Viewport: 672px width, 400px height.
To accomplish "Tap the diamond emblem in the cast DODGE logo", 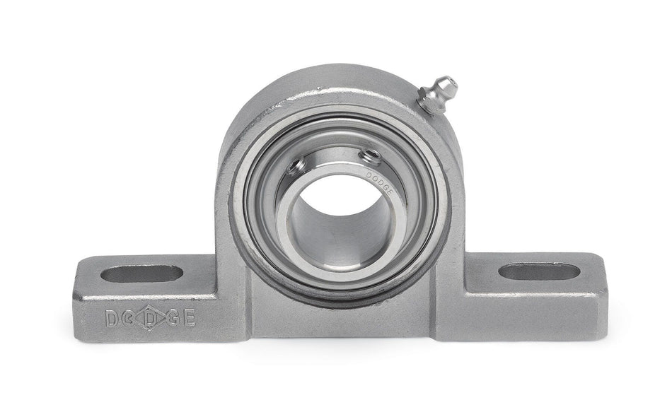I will tap(151, 318).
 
